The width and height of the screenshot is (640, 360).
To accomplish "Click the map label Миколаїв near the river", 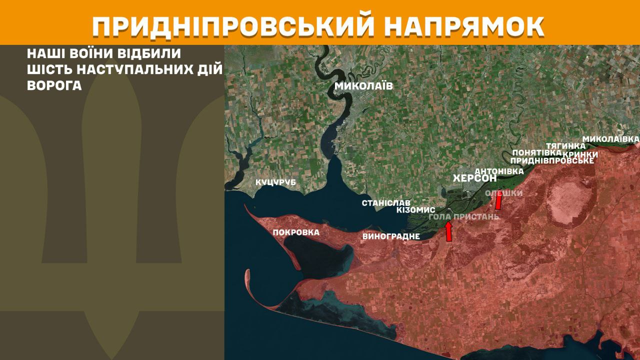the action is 363,86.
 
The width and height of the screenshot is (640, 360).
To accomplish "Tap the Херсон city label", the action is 474,178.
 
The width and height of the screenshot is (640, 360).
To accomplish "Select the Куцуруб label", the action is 275,182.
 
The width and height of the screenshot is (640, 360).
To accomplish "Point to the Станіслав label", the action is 386,203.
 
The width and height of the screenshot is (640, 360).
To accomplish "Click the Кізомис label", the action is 415,210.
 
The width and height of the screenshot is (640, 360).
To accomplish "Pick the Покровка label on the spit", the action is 296,232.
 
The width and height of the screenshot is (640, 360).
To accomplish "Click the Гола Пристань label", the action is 464,216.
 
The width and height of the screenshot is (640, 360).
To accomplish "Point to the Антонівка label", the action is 498,170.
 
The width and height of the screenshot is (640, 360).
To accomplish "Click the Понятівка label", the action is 533,152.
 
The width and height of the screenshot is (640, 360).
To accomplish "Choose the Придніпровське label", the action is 552,160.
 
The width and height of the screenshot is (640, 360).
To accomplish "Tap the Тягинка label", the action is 566,145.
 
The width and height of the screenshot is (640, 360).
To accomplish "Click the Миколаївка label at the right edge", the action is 610,138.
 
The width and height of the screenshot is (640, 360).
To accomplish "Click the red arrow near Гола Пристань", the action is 448,231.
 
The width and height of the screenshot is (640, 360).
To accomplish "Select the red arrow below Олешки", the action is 498,201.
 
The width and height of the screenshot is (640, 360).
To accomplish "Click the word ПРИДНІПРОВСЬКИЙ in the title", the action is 233,26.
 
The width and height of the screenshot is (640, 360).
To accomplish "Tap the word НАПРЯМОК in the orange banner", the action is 465,26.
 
